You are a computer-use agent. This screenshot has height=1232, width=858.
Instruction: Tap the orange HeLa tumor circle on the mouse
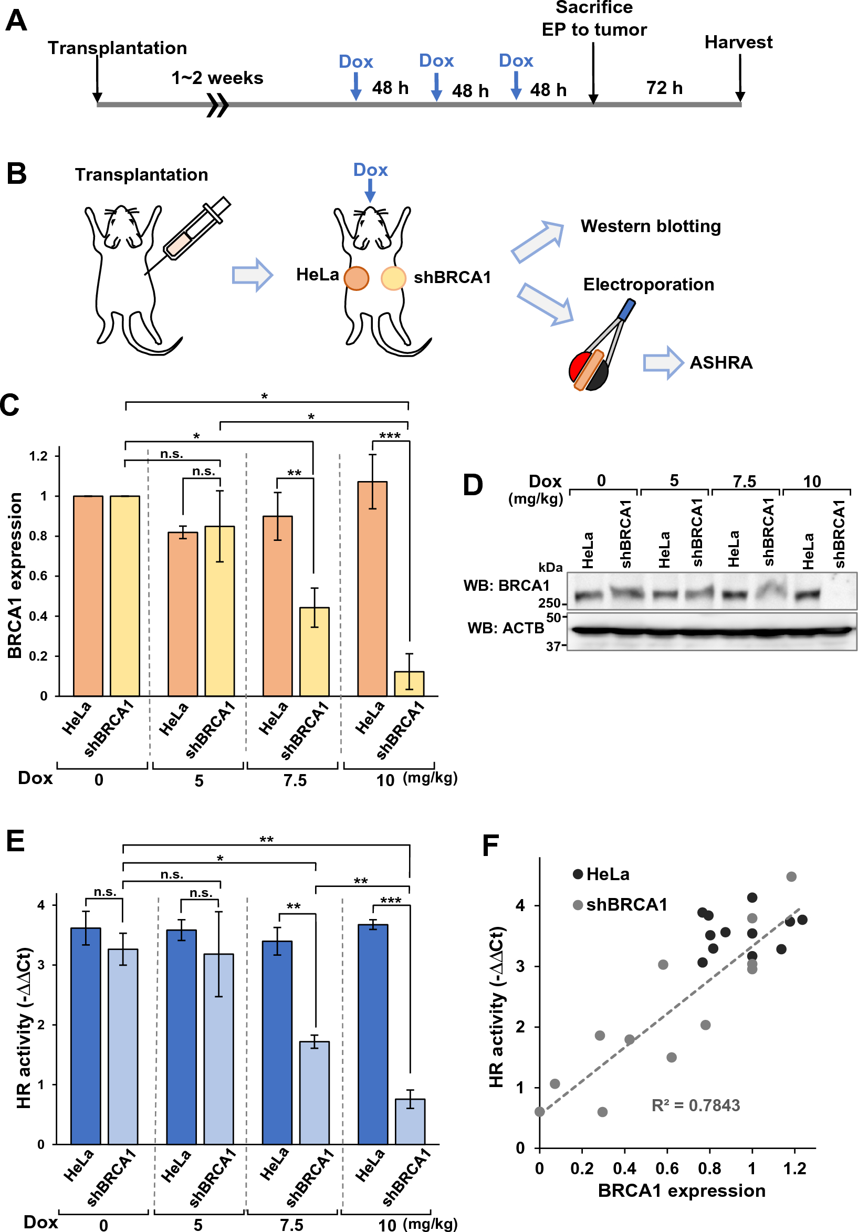point(356,278)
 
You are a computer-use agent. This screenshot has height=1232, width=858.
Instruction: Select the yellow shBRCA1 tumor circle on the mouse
point(393,278)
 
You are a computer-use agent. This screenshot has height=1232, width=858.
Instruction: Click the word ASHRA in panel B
point(720,363)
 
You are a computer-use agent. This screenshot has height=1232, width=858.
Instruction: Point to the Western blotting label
point(651,226)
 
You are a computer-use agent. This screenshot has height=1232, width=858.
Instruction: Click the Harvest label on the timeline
point(738,43)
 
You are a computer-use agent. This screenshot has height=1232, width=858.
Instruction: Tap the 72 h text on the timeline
point(664,88)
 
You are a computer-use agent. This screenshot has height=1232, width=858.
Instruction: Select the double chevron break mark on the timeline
point(218,105)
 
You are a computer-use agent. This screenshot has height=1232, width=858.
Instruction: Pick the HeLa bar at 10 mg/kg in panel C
point(372,590)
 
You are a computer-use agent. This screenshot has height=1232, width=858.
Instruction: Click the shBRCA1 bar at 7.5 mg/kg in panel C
point(314,651)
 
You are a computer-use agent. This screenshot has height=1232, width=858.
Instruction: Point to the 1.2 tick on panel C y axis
point(39,456)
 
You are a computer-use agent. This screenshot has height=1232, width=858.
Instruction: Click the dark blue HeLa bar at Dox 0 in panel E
point(86,1036)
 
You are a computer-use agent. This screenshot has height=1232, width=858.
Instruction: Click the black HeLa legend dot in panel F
point(578,874)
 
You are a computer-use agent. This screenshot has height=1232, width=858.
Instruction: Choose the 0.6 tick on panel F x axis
point(667,1168)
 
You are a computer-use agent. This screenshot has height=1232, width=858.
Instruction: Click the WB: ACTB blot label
point(506,628)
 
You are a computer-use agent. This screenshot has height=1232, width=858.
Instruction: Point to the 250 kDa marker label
point(549,603)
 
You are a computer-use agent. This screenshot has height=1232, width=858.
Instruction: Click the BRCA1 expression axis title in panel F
point(682,1191)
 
